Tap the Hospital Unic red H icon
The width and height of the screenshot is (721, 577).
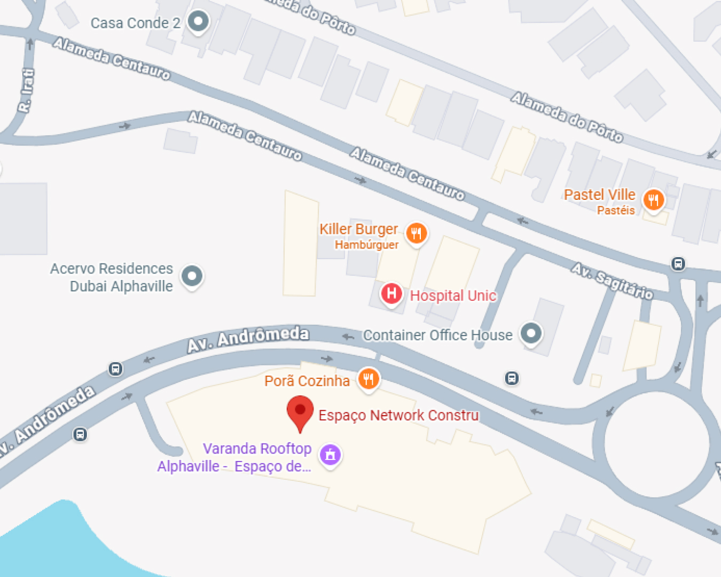391,293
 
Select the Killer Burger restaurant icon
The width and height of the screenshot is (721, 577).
417,233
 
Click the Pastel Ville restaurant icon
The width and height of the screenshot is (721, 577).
654,200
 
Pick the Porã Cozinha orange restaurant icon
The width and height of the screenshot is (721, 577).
369,379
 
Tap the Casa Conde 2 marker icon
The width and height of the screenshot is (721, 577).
199,22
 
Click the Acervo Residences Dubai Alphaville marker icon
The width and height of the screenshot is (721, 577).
192,276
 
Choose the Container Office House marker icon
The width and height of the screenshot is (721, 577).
531,334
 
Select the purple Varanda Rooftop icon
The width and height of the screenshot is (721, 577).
331,455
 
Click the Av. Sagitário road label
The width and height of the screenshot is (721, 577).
612,281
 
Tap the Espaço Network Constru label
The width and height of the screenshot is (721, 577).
398,415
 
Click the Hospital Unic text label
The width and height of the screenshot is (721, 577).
453,295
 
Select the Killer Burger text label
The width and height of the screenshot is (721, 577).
358,229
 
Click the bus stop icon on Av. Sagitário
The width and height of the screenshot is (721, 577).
678,263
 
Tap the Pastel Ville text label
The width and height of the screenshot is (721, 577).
599,194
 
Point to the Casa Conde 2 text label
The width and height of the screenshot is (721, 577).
135,23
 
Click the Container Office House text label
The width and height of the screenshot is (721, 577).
437,335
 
